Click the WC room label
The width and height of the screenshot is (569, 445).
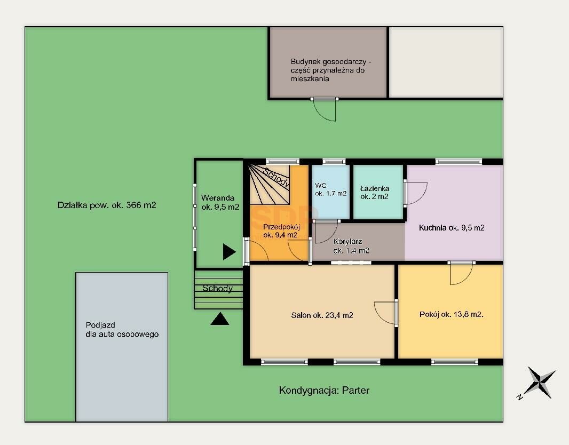tap(330, 189)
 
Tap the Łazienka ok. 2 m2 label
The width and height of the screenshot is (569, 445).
tap(375, 193)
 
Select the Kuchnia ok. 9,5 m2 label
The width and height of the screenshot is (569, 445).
tap(452, 228)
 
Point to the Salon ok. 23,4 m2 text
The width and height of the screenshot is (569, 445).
tap(322, 315)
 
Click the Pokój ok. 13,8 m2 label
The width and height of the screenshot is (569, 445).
tap(452, 314)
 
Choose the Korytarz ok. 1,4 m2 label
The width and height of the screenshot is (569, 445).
tap(351, 246)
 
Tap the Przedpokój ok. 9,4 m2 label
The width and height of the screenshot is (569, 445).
tap(281, 231)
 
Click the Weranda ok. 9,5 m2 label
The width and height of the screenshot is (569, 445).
tap(220, 202)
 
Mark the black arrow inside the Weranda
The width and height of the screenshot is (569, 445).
tap(229, 252)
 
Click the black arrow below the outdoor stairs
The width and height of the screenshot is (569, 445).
tap(220, 319)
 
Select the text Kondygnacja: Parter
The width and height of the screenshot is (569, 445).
tap(324, 391)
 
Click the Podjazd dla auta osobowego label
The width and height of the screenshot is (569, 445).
tap(122, 330)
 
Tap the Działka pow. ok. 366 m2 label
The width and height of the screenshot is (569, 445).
tap(107, 205)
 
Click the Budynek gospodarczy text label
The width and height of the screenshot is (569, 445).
tap(330, 70)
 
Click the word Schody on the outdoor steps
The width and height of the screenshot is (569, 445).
tap(217, 288)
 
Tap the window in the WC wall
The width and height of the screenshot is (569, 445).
tap(334, 162)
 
